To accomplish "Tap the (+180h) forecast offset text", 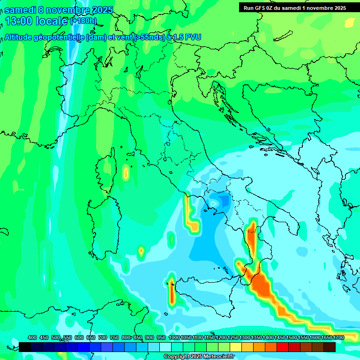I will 83,21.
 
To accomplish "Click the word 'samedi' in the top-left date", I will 20,9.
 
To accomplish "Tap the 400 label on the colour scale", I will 32,337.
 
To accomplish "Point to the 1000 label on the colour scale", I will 174,337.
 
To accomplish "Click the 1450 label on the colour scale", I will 279,337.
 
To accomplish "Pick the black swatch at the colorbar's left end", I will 25,347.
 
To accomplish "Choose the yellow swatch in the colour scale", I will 236,347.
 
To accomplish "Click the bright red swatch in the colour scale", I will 283,347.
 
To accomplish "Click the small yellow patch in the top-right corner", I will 350,22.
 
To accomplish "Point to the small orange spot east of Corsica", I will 126,173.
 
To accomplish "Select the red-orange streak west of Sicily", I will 171,291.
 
